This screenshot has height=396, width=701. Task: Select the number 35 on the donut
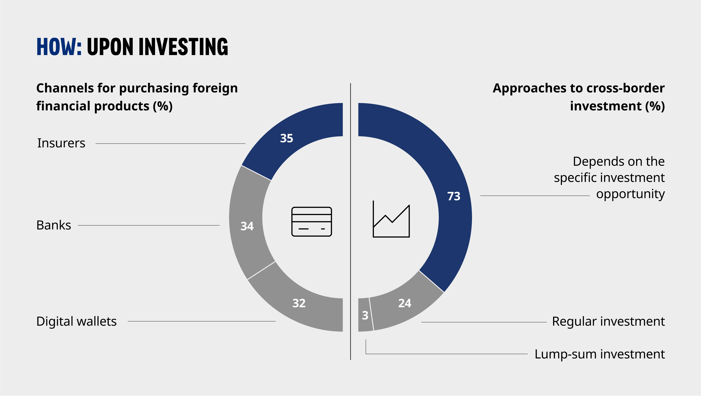[x=287, y=138]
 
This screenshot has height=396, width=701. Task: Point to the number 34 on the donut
[x=247, y=226]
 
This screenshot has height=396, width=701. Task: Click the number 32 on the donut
[x=299, y=303]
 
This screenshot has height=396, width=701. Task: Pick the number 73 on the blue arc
[x=454, y=196]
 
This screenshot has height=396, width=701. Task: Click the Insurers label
[x=61, y=143]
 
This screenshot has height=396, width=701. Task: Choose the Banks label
[x=54, y=225]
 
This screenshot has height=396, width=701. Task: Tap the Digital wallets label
[x=77, y=321]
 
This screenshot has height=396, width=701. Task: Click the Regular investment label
[x=608, y=321]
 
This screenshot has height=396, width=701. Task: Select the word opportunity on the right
[x=630, y=194]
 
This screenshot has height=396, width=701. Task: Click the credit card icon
[x=312, y=222]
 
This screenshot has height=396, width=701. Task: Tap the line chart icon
[x=391, y=219]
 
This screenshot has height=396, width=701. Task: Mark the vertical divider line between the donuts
[x=351, y=222]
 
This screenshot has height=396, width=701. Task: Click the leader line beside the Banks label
[x=149, y=225]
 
